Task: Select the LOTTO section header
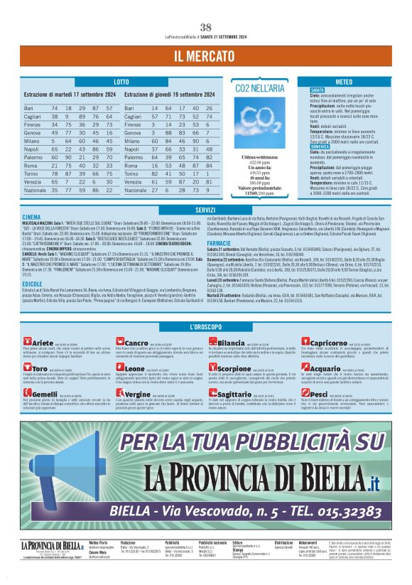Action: [121, 82]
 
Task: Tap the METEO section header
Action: [343, 82]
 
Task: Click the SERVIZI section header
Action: [205, 210]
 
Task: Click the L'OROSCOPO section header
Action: [205, 326]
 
